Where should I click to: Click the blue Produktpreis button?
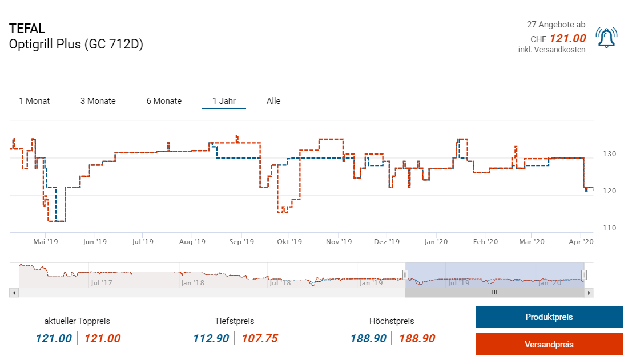click(549, 317)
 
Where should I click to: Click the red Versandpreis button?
click(549, 344)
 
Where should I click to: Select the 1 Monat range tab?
click(34, 101)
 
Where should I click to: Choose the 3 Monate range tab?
click(98, 101)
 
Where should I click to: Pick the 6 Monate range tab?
click(164, 101)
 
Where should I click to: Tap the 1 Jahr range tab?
click(224, 101)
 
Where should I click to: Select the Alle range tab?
click(273, 101)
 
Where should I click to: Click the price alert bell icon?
click(606, 38)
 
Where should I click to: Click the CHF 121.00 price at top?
click(567, 39)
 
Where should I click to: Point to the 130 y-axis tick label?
click(609, 154)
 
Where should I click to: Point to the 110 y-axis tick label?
click(609, 228)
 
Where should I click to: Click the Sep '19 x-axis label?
click(241, 242)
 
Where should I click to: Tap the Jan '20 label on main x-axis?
click(436, 242)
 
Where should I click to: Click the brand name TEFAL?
click(27, 29)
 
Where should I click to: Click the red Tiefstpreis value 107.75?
click(260, 338)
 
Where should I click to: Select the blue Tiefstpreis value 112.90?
click(211, 338)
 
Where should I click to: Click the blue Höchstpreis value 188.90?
click(369, 338)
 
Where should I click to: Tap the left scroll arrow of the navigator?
click(14, 293)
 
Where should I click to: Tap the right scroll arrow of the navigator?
click(589, 293)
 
